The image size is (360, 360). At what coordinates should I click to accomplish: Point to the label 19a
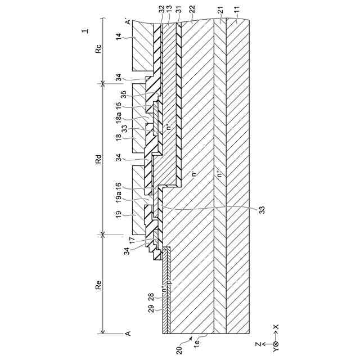[x=118, y=197]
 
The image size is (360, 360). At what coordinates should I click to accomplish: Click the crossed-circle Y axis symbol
[x=275, y=344]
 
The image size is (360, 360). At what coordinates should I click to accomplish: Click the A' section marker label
[x=128, y=22]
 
